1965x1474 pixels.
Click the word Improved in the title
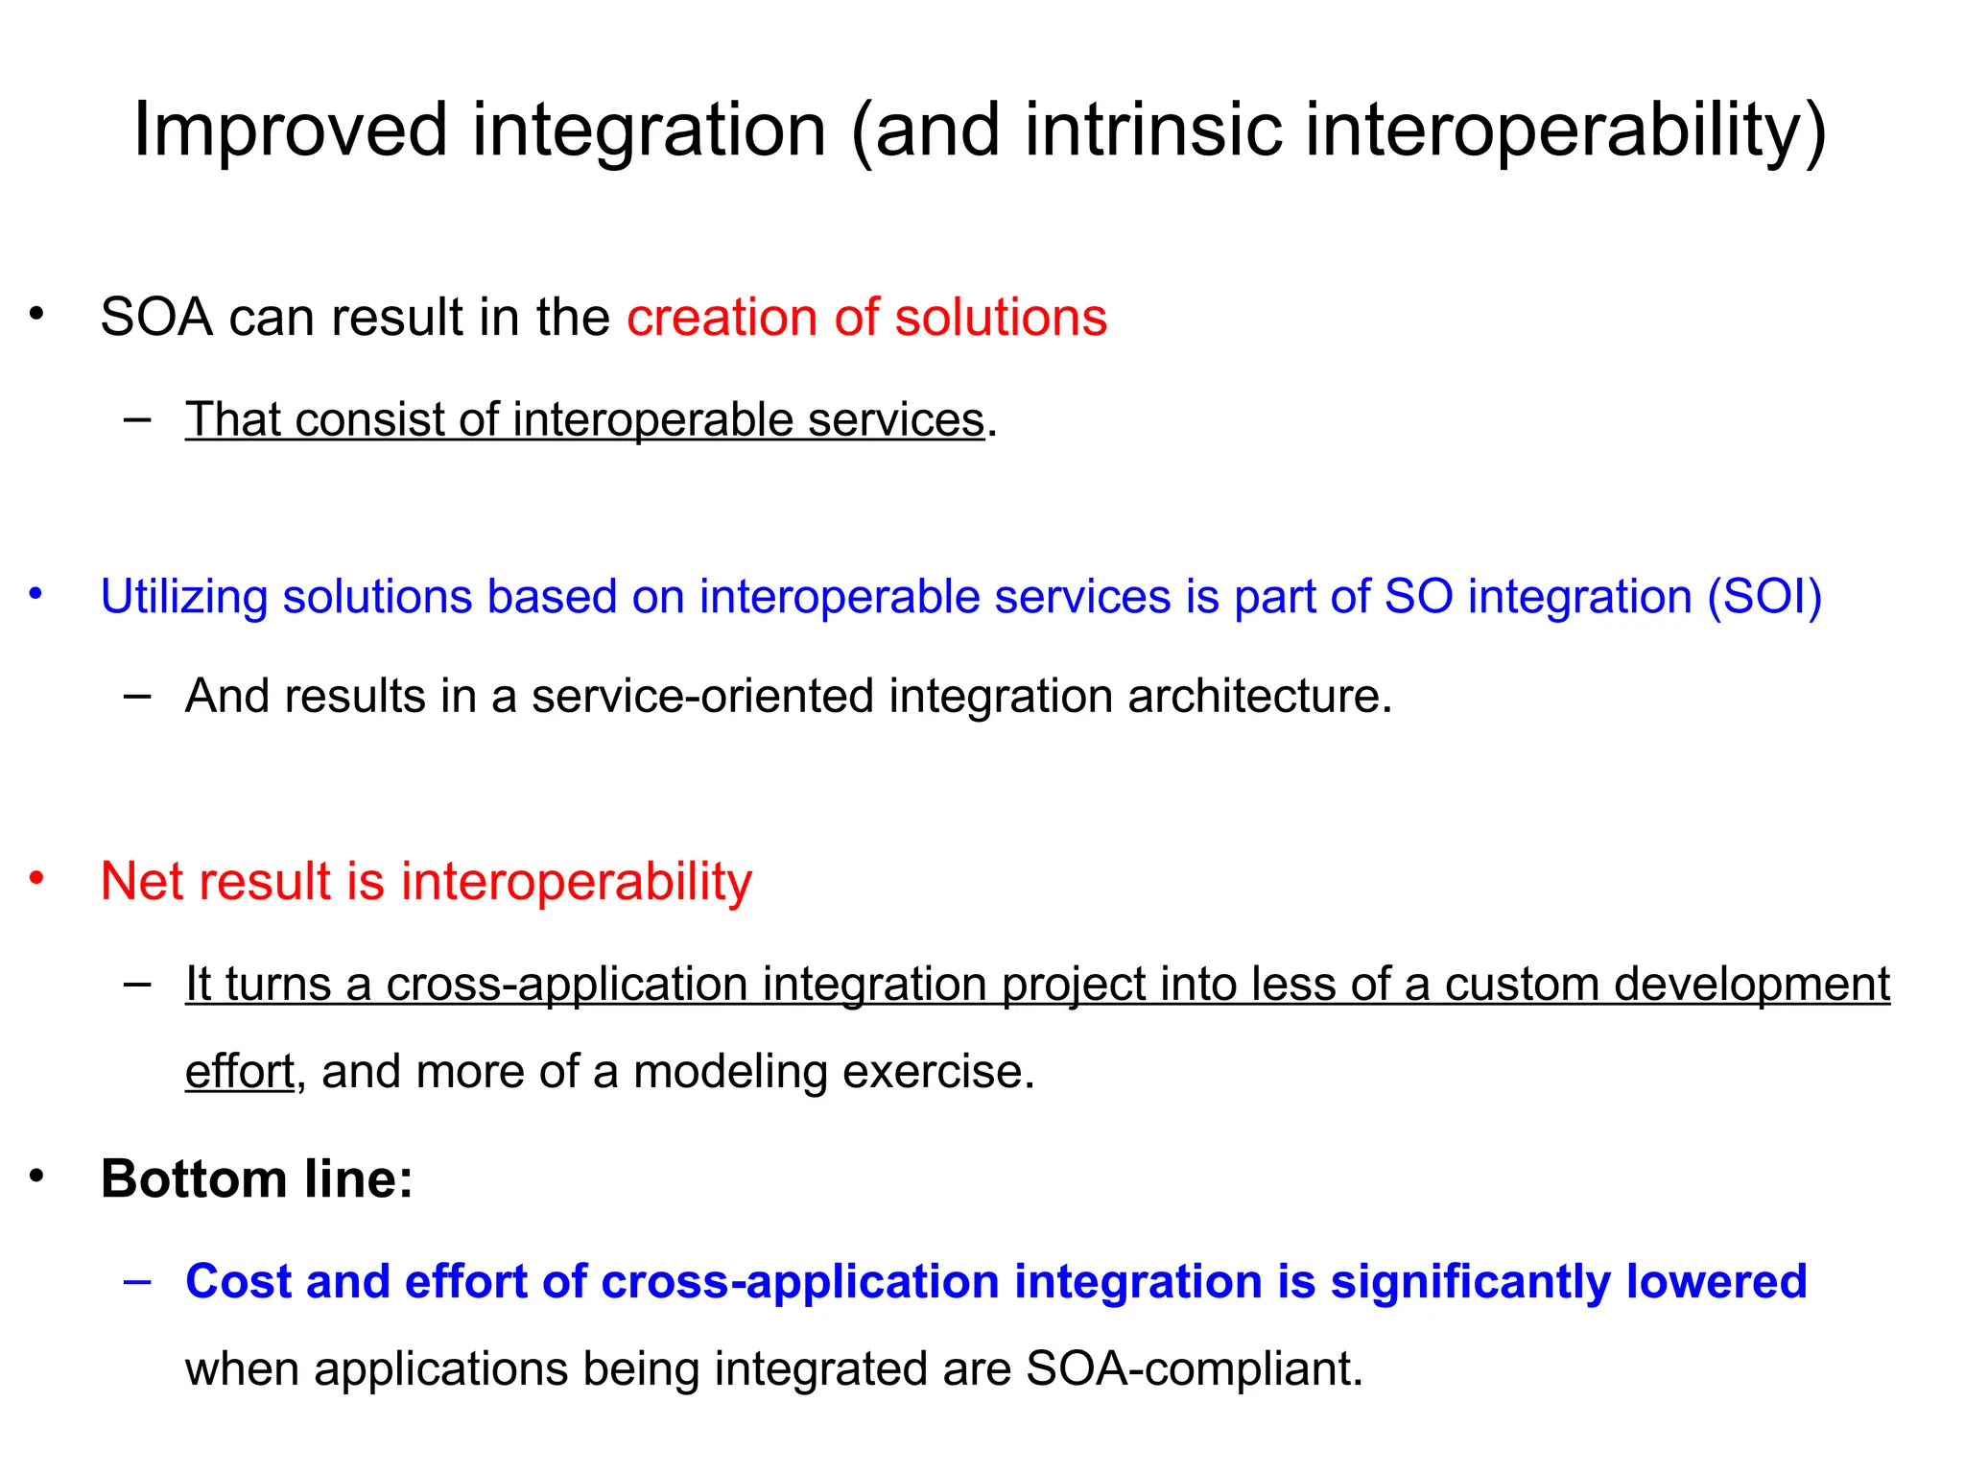[290, 131]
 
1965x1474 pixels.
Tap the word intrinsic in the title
[1153, 131]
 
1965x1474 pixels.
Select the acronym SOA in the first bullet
[156, 318]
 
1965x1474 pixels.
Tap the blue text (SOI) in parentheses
[1764, 597]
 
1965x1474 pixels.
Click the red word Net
[141, 881]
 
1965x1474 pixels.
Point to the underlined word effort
[240, 1072]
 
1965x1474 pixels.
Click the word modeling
[730, 1072]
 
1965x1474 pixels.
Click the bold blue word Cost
[239, 1282]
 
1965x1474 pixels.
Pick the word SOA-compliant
[1193, 1369]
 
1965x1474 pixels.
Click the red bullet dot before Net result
[36, 877]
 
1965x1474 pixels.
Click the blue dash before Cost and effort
[137, 1282]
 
